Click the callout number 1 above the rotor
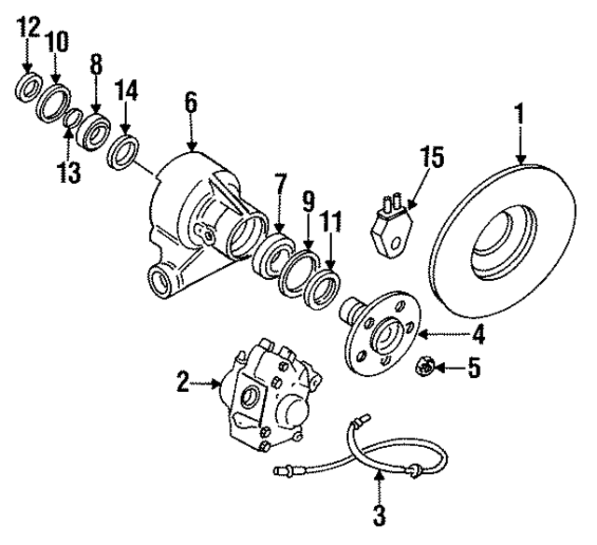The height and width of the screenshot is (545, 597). (519, 117)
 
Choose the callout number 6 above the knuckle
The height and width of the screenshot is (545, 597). (190, 103)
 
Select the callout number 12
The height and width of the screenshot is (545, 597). (27, 27)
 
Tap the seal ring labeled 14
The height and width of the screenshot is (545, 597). (125, 150)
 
